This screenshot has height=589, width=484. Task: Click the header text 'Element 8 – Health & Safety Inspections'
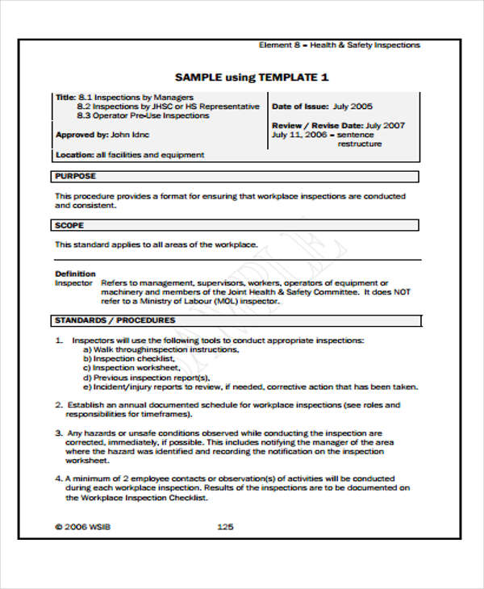(339, 45)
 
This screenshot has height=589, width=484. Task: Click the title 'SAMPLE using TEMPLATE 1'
(252, 77)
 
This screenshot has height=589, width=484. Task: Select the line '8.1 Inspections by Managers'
(136, 97)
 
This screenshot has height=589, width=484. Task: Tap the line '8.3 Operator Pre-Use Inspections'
(143, 115)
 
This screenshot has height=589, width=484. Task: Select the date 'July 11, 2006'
(299, 135)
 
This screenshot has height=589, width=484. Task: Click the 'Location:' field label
(73, 155)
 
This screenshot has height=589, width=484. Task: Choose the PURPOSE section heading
(75, 176)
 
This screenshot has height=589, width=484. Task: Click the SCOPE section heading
(69, 226)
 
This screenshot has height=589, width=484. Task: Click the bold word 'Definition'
(75, 274)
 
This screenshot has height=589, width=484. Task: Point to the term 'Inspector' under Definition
(73, 284)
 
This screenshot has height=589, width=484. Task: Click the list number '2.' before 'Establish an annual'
(58, 405)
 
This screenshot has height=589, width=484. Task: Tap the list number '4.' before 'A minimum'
(58, 478)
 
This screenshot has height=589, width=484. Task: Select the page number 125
(226, 527)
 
